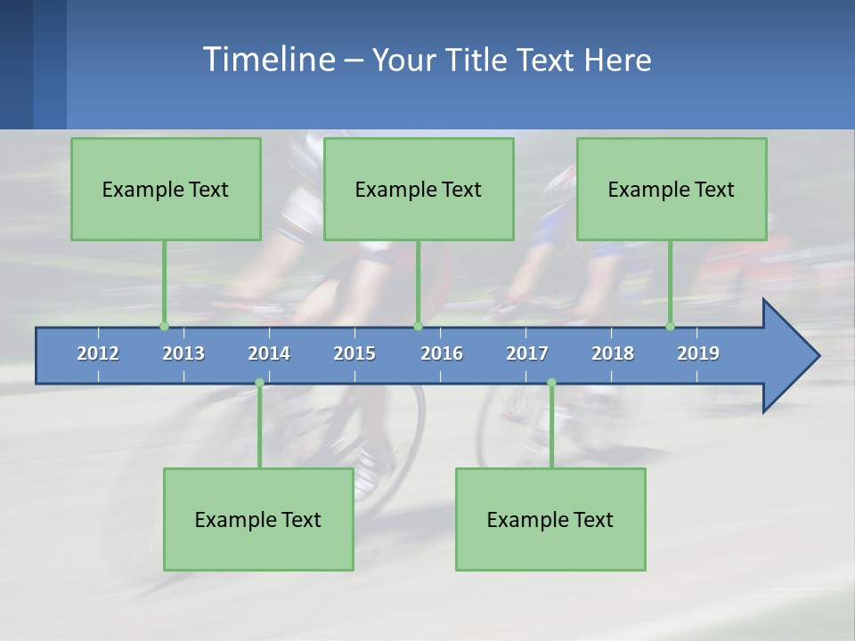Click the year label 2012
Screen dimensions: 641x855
pyautogui.click(x=98, y=353)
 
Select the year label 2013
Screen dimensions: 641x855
pyautogui.click(x=183, y=353)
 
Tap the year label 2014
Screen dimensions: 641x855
pyautogui.click(x=269, y=353)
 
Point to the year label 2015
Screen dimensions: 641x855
pyautogui.click(x=354, y=353)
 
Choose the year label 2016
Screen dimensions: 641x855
pyautogui.click(x=442, y=353)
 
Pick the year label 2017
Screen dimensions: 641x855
pyautogui.click(x=527, y=353)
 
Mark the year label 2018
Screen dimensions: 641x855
pyautogui.click(x=613, y=353)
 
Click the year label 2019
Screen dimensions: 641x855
pyautogui.click(x=698, y=353)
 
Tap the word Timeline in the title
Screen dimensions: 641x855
pyautogui.click(x=267, y=60)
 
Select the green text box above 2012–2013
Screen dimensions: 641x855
pyautogui.click(x=166, y=189)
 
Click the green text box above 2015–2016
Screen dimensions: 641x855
pyautogui.click(x=419, y=189)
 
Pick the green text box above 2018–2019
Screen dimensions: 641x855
pyautogui.click(x=672, y=189)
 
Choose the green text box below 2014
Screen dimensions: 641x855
pyautogui.click(x=258, y=519)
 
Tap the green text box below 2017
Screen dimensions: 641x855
pyautogui.click(x=550, y=519)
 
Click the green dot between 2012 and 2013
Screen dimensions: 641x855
pyautogui.click(x=164, y=326)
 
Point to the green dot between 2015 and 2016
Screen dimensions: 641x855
pyautogui.click(x=418, y=326)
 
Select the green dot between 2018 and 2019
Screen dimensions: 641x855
pyautogui.click(x=670, y=326)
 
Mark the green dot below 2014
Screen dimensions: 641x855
pyautogui.click(x=259, y=383)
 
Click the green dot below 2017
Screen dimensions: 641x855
pyautogui.click(x=551, y=383)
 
